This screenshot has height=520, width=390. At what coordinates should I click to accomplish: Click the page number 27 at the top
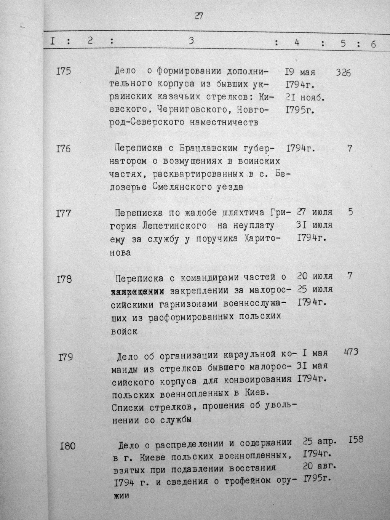coord(198,16)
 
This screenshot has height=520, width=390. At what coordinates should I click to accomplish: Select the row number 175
coord(63,71)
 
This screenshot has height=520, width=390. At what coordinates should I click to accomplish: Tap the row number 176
coord(63,148)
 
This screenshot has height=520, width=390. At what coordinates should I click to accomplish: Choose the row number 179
coord(66,357)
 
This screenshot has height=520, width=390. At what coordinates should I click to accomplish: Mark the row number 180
coord(67,445)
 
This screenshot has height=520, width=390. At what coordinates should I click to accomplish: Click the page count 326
coord(343,72)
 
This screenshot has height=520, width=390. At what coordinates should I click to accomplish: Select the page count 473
coord(350,352)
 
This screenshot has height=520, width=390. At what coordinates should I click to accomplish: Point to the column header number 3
coord(191,41)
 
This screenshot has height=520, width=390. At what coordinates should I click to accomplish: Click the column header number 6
coord(373,44)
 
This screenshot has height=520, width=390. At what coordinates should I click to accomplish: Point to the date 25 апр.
coord(319,442)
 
